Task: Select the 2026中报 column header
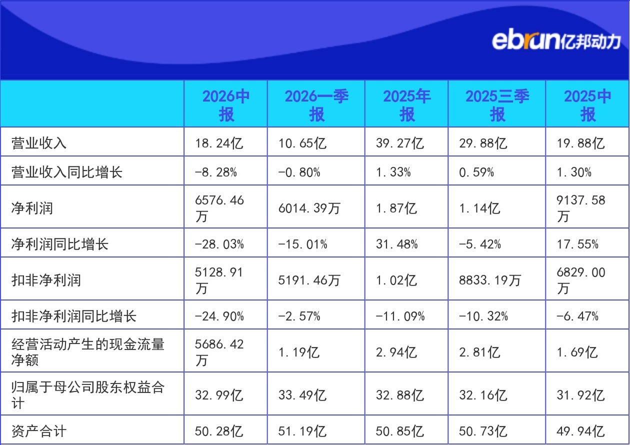[226, 105]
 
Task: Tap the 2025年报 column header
[407, 105]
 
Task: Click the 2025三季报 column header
[497, 105]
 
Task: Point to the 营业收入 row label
[39, 143]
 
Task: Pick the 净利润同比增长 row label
[59, 243]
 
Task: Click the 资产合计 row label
[39, 430]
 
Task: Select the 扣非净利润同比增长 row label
[73, 315]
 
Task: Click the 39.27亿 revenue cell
[399, 143]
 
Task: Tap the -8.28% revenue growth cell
[215, 172]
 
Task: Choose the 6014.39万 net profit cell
[309, 208]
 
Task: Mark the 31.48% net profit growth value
[396, 244]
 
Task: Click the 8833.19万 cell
[489, 280]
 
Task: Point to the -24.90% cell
[219, 316]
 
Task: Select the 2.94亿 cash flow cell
[396, 352]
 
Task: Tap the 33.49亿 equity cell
[302, 395]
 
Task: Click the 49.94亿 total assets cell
[580, 431]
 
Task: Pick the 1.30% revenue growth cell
[574, 172]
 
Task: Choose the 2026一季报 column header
[316, 105]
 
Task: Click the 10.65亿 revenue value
[302, 143]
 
